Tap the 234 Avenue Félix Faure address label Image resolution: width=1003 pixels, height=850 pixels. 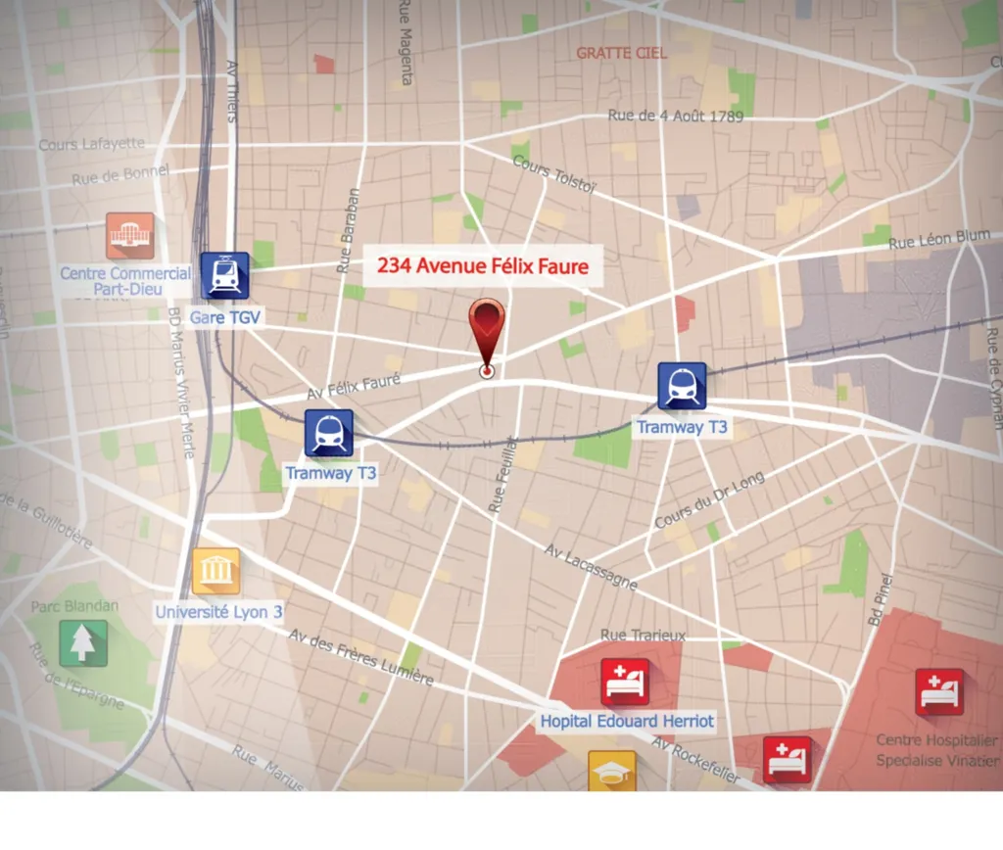click(483, 265)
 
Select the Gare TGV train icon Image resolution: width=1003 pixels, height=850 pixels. click(225, 275)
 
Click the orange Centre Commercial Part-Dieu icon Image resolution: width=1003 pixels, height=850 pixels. click(130, 236)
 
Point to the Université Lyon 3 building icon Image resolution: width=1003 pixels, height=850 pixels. click(215, 571)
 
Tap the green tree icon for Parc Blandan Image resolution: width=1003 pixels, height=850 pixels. click(82, 642)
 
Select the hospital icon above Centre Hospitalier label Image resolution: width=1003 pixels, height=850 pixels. click(939, 691)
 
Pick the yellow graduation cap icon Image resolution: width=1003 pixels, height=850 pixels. click(612, 771)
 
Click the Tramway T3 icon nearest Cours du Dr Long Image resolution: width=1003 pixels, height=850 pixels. click(682, 386)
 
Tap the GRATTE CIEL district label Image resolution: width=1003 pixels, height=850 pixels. click(621, 53)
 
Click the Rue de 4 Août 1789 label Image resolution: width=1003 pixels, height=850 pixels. click(676, 116)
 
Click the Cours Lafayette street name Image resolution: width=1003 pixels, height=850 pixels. click(91, 144)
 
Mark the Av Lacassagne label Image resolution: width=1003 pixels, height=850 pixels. click(591, 567)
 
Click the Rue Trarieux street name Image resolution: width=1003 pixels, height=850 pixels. click(643, 636)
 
